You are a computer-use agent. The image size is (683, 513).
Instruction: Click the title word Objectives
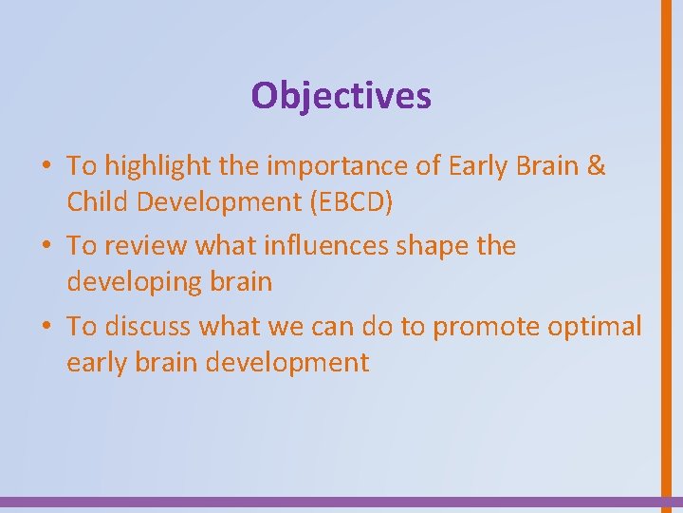tap(341, 95)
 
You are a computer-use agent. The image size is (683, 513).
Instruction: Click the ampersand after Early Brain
tap(596, 166)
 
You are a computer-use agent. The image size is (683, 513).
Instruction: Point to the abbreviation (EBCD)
tap(363, 202)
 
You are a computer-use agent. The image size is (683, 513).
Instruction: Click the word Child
tap(95, 202)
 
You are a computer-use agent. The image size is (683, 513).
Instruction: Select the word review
tap(144, 246)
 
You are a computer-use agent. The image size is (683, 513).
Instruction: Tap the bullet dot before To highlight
tap(46, 167)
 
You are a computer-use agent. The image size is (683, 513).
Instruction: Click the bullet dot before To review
tap(46, 247)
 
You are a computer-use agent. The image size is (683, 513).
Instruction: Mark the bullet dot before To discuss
tap(46, 327)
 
